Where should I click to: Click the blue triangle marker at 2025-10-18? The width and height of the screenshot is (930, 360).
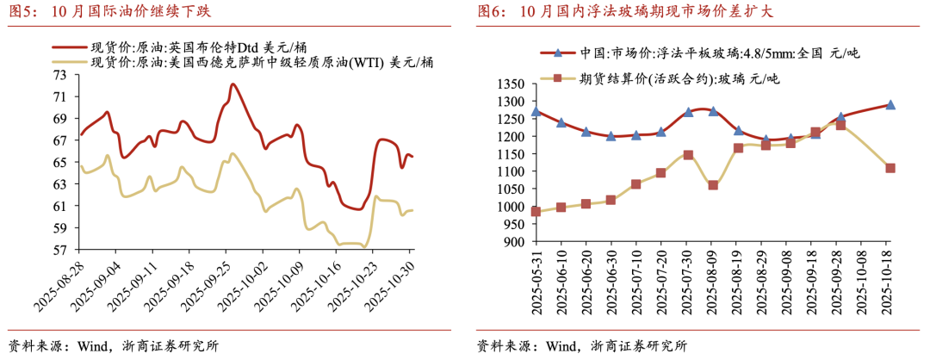pyautogui.click(x=890, y=104)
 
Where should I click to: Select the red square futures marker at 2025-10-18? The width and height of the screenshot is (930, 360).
pyautogui.click(x=890, y=168)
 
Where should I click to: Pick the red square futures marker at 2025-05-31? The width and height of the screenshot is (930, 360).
pyautogui.click(x=536, y=211)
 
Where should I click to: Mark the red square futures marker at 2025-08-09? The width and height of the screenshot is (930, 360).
pyautogui.click(x=713, y=185)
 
